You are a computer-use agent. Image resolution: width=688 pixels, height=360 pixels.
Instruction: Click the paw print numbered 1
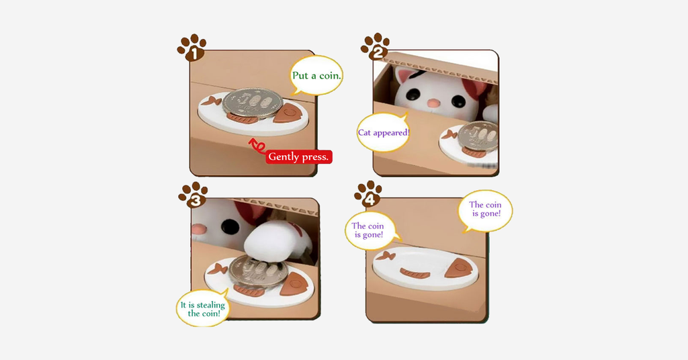tap(191, 48)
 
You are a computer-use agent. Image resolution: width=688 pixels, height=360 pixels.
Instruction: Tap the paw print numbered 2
tap(376, 46)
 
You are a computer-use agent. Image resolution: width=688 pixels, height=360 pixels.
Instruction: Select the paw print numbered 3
tap(193, 195)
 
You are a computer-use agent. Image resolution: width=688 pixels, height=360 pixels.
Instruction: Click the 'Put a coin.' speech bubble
tap(316, 75)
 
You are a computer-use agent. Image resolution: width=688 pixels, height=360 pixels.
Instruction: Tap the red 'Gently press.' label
tap(299, 156)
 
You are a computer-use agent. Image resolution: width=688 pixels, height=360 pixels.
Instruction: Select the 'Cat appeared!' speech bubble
tap(384, 132)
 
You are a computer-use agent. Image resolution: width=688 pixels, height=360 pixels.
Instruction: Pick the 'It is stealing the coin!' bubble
tap(203, 309)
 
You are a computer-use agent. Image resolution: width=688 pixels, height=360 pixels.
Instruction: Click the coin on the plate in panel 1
tap(251, 102)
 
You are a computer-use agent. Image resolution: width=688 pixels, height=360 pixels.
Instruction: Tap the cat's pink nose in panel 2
tap(433, 103)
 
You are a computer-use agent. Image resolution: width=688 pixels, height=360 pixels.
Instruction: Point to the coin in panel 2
tap(478, 136)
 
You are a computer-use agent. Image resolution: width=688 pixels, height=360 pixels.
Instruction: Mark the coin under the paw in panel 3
tap(257, 271)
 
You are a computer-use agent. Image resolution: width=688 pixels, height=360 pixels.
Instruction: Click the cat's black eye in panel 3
tap(229, 227)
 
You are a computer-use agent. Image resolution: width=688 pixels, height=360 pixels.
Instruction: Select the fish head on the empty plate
tap(458, 268)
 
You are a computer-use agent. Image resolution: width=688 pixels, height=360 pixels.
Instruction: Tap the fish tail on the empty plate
tap(385, 255)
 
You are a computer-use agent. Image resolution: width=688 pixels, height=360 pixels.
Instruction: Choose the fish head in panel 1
tap(288, 113)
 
